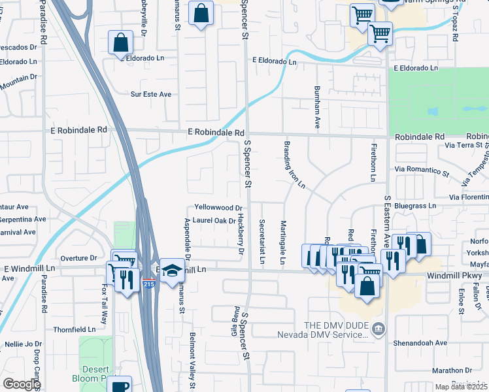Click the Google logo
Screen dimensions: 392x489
click(21, 384)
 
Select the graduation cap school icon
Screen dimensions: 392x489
click(171, 270)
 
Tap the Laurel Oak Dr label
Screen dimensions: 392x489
click(214, 221)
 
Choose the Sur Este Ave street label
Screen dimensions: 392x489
click(151, 95)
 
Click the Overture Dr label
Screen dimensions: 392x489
click(78, 258)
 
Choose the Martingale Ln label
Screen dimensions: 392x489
click(283, 242)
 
